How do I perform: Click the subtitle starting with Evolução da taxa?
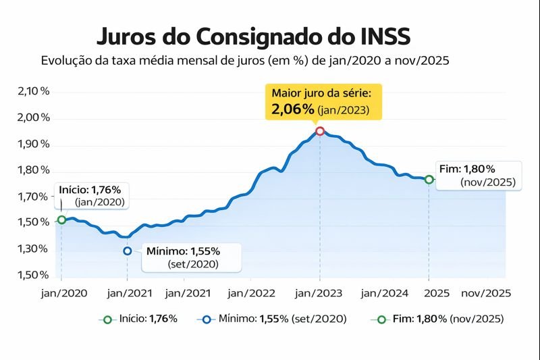(245, 60)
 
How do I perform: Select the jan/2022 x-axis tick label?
(251, 293)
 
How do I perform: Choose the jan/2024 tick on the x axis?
(385, 293)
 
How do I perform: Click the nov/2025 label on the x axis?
(485, 293)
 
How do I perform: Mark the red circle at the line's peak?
(320, 130)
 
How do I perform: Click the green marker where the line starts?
(61, 220)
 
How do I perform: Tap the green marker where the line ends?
(429, 180)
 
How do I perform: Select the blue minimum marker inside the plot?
(128, 251)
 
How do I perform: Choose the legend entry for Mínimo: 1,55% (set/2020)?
(274, 319)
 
